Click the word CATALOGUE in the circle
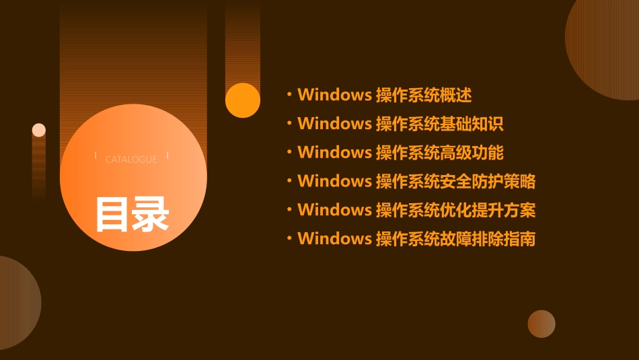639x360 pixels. coord(131,159)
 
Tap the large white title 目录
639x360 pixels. coord(132,214)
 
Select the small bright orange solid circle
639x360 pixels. coord(243,100)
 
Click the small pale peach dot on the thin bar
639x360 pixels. coord(39,130)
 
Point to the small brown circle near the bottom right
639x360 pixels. coord(541,324)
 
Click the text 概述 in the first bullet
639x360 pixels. coord(457,95)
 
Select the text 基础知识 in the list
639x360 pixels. coord(472,124)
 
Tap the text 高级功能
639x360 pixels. coord(472,153)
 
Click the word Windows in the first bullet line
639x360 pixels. coord(334,95)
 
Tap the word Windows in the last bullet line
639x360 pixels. coord(334,239)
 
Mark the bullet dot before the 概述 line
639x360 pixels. coord(289,95)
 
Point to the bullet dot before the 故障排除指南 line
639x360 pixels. coord(289,239)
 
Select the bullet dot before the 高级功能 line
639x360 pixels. coord(289,153)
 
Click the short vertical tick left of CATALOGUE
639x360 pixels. coord(96,155)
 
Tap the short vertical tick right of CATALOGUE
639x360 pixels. coord(167,155)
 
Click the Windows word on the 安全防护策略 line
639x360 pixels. coord(334,181)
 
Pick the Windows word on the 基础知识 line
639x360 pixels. coord(334,124)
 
